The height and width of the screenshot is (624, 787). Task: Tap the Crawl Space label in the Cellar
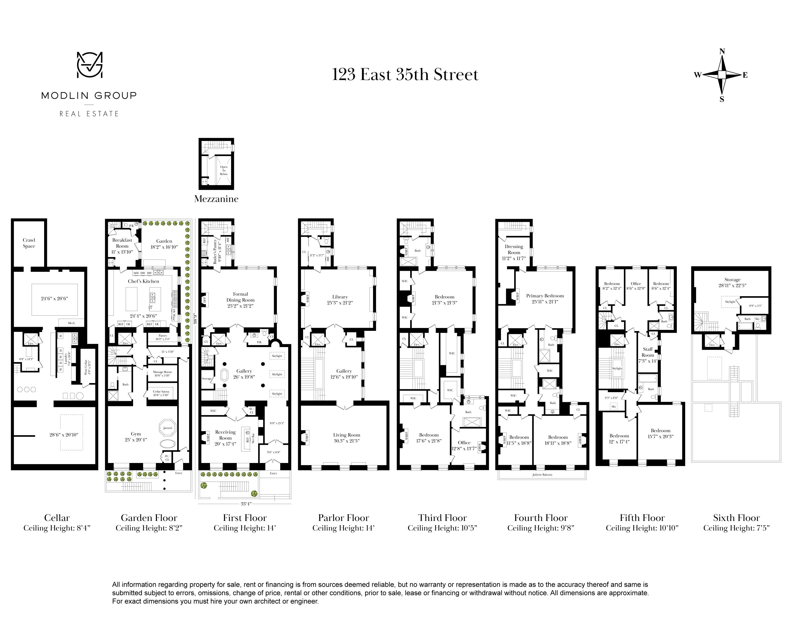[x=29, y=243]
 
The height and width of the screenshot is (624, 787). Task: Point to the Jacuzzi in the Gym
[x=168, y=427]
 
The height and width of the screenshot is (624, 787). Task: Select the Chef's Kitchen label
[x=144, y=281]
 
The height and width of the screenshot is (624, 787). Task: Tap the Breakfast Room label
[x=122, y=243]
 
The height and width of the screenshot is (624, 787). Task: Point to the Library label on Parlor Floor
[x=340, y=297]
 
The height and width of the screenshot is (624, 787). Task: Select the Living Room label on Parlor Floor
[x=347, y=435]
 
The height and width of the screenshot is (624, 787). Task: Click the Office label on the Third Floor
[x=464, y=442]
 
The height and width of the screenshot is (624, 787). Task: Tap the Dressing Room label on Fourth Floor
[x=514, y=249]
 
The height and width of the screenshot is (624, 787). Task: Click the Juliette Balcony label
[x=542, y=475]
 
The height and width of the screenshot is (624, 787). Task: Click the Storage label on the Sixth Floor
[x=732, y=280]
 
